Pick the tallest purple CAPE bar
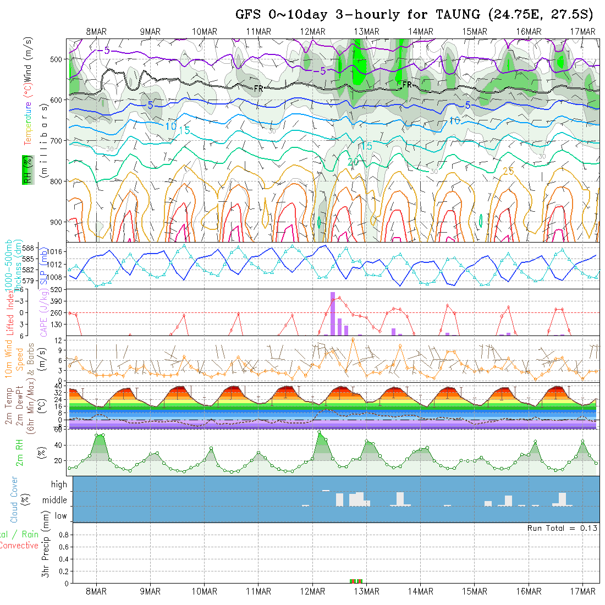(x=332, y=313)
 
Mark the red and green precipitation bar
(x=356, y=581)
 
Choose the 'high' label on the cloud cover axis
(x=59, y=485)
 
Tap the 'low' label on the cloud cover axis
(x=61, y=516)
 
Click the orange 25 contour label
(x=508, y=172)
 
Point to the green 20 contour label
(x=353, y=162)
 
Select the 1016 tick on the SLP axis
(x=57, y=251)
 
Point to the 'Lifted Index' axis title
(x=9, y=311)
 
